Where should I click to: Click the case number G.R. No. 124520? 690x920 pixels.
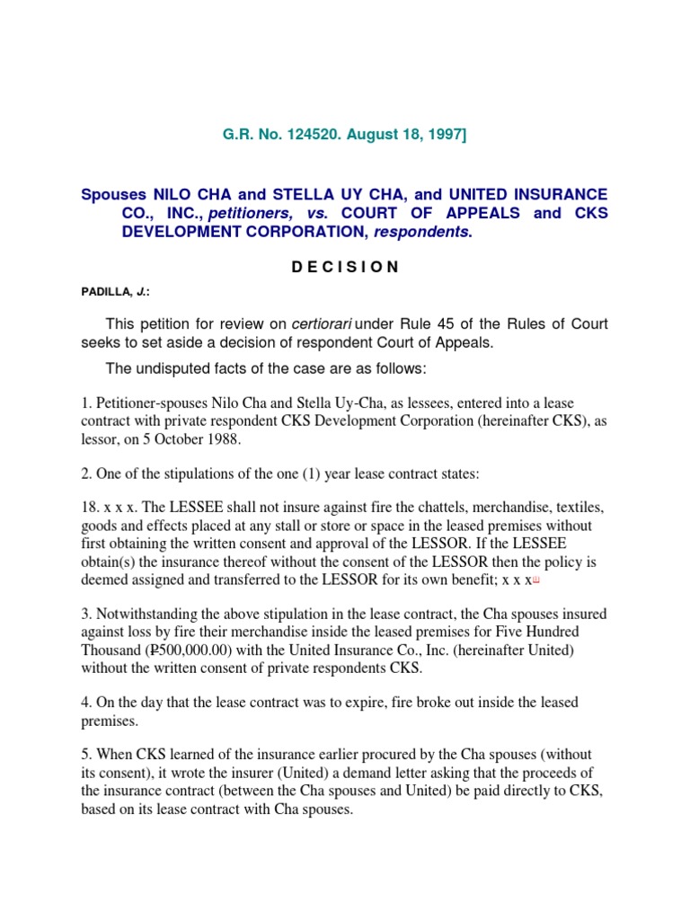[x=282, y=135]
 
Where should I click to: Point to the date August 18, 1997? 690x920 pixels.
[x=408, y=135]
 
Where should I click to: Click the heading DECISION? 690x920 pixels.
[x=345, y=267]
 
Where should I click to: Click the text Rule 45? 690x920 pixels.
[x=420, y=324]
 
